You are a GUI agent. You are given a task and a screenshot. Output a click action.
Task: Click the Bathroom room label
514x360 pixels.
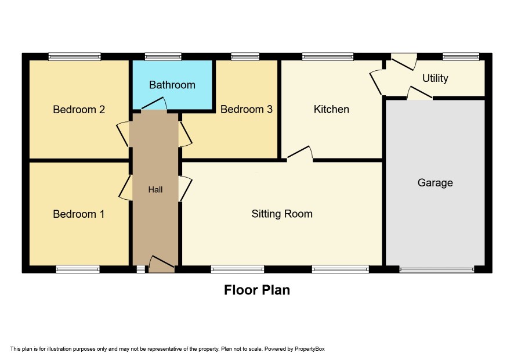172,85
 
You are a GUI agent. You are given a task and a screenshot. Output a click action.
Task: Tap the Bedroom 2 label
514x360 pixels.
79,109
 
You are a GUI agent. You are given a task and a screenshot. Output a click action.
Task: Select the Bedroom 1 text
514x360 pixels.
79,214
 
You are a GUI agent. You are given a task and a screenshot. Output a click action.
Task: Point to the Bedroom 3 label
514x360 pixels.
247,109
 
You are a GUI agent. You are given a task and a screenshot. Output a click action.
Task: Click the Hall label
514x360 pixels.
155,189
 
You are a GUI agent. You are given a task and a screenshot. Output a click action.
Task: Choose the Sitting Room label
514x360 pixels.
282,214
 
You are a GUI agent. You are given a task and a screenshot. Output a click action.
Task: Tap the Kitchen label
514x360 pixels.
331,109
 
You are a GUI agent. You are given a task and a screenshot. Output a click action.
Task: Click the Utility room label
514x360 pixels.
435,78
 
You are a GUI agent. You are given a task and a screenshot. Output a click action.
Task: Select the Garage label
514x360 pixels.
435,182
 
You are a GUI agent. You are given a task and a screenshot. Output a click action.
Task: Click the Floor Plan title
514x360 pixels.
257,290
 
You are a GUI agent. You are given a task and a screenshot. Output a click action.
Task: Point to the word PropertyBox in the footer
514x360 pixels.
309,349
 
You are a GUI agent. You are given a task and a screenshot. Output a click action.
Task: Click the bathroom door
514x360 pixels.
154,103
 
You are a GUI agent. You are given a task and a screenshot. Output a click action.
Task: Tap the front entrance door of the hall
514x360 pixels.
162,264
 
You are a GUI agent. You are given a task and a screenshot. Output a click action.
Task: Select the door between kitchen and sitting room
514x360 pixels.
300,153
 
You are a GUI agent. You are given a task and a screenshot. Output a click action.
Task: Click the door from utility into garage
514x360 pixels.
419,92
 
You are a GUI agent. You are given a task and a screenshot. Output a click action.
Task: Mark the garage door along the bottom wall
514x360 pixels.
437,270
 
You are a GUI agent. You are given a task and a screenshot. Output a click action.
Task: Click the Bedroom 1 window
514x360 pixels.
78,269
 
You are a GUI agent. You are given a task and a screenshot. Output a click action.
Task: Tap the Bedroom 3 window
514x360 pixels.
245,57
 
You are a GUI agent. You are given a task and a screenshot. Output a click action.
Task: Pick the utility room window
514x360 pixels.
461,57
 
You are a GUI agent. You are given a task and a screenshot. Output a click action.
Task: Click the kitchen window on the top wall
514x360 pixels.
328,57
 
